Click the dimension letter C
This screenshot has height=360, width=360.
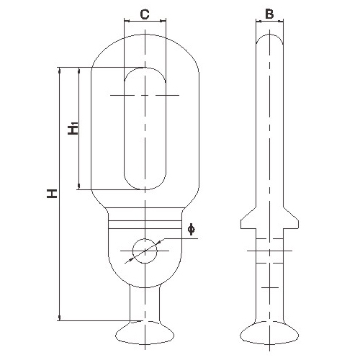pyautogui.click(x=145, y=14)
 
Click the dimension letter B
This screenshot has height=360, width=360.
pyautogui.click(x=269, y=14)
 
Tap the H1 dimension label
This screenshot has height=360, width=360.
pyautogui.click(x=73, y=128)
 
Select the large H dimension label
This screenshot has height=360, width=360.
pyautogui.click(x=52, y=194)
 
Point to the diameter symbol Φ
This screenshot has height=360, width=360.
pyautogui.click(x=191, y=229)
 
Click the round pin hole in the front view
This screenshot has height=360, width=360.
pyautogui.click(x=145, y=251)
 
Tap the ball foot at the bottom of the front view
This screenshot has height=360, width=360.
pyautogui.click(x=145, y=333)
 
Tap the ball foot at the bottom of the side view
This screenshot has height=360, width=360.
pyautogui.click(x=269, y=333)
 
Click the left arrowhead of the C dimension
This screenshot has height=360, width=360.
pyautogui.click(x=126, y=21)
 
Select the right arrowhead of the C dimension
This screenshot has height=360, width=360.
pyautogui.click(x=163, y=21)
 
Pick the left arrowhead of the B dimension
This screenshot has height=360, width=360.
pyautogui.click(x=258, y=22)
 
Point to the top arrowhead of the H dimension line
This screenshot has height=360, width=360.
pyautogui.click(x=59, y=70)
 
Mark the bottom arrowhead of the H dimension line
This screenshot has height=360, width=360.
pyautogui.click(x=59, y=318)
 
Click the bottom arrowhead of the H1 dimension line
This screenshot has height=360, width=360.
pyautogui.click(x=79, y=186)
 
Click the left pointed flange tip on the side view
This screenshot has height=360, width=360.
pyautogui.click(x=241, y=220)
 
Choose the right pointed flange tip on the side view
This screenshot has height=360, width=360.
pyautogui.click(x=298, y=220)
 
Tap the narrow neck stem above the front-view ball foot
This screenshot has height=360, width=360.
pyautogui.click(x=145, y=303)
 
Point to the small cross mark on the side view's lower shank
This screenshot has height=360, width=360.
pyautogui.click(x=270, y=287)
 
